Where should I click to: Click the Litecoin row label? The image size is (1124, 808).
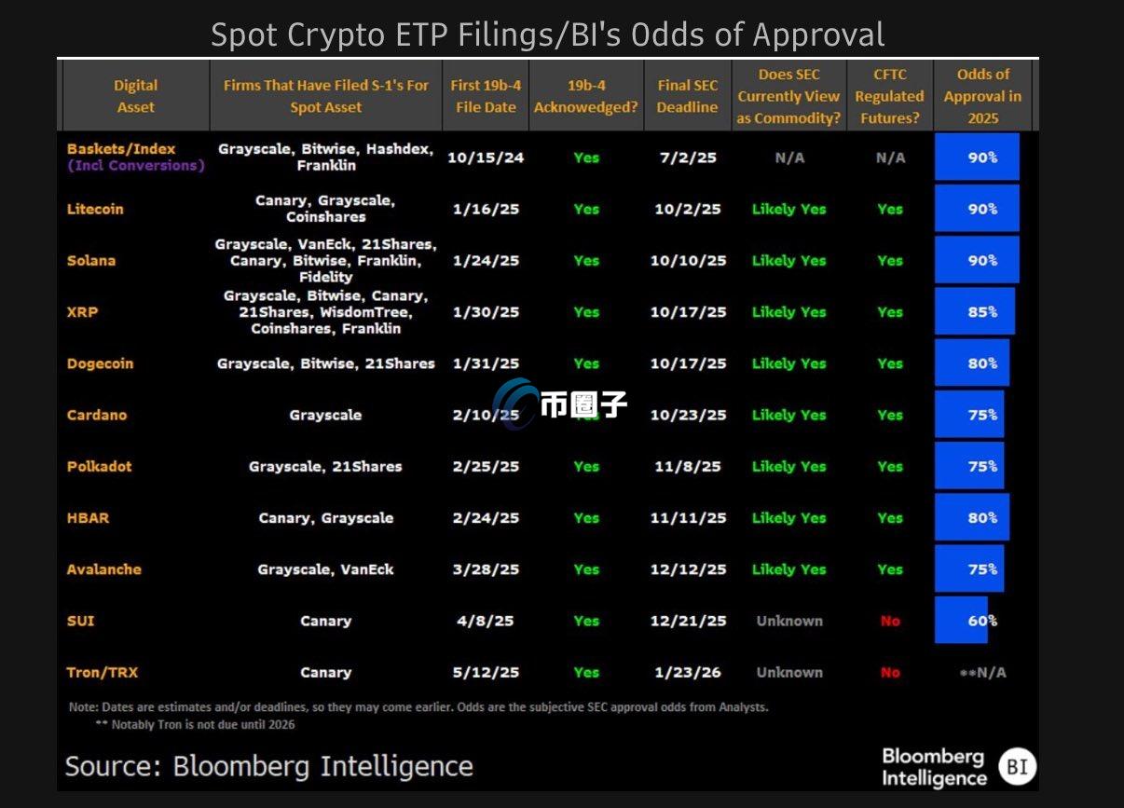pos(95,209)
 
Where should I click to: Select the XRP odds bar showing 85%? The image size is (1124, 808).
pos(975,312)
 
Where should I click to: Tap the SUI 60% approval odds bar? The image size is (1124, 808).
pos(962,621)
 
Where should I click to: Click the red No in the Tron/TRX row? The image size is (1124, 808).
pos(890,672)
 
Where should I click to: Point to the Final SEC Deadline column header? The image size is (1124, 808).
pos(687,96)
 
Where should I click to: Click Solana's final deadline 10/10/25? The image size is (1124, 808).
pos(688,261)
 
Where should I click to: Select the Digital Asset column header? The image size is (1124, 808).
pos(136,96)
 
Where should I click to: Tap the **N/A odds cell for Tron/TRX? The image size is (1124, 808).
pos(982,672)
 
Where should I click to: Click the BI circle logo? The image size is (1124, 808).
pos(1017,767)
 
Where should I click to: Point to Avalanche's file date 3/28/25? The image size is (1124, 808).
pos(486,569)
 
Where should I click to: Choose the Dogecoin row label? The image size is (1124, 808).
pos(100,363)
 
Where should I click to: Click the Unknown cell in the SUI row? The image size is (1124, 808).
pos(789,621)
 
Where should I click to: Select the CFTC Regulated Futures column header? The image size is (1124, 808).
pos(890,96)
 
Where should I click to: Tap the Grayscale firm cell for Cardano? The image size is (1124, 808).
pos(325,415)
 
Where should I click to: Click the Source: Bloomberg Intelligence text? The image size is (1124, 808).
pos(268,766)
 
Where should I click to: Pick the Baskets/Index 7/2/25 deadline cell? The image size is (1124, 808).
pos(687,157)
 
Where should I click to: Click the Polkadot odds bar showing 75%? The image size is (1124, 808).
pos(969,466)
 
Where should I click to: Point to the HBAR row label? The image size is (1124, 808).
pos(88,518)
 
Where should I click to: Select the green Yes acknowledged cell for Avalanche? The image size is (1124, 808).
pos(586,569)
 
